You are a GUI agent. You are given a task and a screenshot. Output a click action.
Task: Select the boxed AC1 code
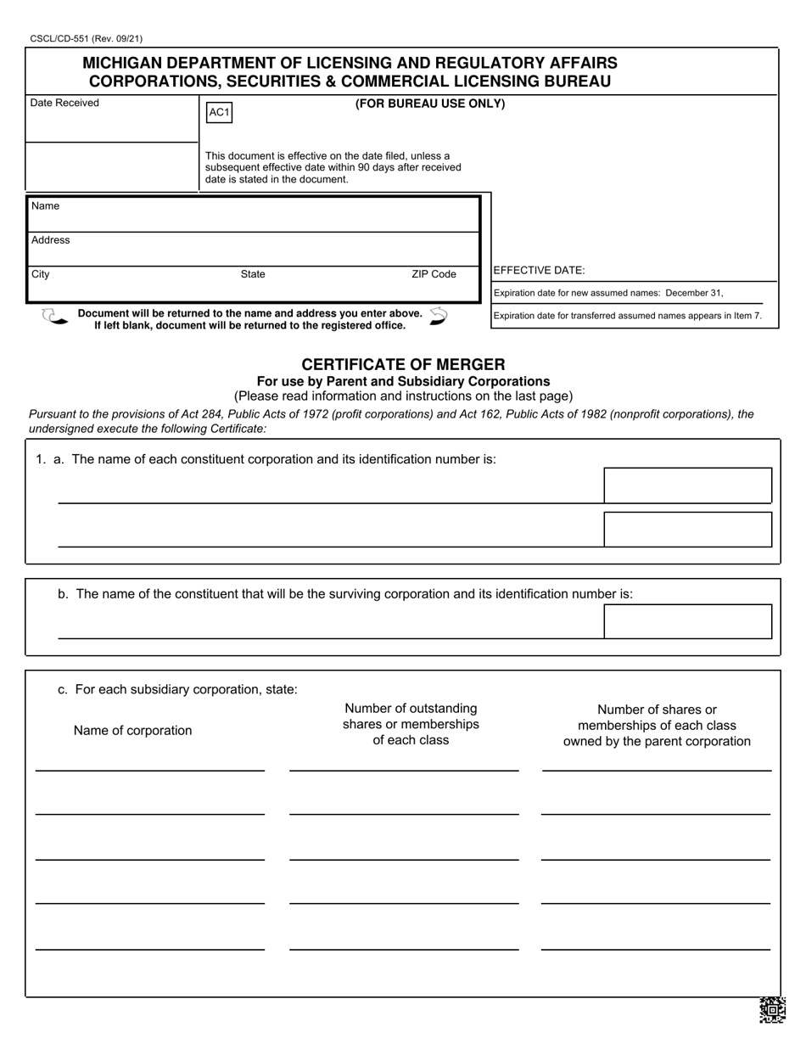pos(219,113)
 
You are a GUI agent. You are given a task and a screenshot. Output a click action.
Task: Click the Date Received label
pos(64,104)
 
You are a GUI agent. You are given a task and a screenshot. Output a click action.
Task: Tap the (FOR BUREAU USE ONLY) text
pos(429,104)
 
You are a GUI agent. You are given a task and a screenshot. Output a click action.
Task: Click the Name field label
pos(45,206)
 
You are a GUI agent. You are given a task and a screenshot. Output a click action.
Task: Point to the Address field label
pos(51,240)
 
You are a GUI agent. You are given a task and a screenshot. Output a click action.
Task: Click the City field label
pos(41,274)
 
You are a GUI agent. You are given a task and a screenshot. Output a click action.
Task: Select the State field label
pos(253,274)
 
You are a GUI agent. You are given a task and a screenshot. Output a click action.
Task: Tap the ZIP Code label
pos(434,274)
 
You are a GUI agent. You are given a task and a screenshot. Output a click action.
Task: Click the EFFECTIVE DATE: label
pos(539,271)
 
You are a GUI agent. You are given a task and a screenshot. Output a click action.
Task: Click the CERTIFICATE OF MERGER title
pos(403,364)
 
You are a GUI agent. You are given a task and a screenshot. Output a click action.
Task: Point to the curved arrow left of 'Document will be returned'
pos(53,317)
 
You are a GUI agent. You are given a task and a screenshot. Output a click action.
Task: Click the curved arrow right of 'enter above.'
pos(438,317)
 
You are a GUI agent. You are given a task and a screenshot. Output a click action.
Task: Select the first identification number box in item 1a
pos(687,486)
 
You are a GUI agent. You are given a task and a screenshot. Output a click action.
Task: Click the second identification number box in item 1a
pos(687,530)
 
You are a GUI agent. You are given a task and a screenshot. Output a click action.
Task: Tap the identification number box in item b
pos(687,621)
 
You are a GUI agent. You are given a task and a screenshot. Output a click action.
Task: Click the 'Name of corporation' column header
pos(132,731)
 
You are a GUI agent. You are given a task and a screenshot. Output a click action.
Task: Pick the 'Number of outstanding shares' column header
pos(411,724)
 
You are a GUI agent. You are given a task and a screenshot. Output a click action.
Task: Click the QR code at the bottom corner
pos(771,1010)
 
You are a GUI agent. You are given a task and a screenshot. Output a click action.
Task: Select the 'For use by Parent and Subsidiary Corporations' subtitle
pos(403,381)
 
